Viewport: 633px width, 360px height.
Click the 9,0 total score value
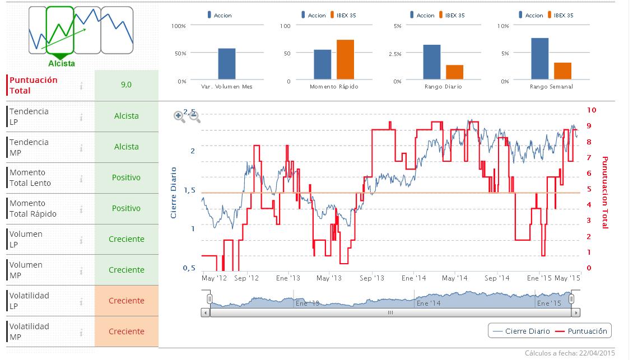tap(126, 85)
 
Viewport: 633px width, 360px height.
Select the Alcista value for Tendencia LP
tap(126, 116)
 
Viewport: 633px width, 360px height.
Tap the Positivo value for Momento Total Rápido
tap(126, 208)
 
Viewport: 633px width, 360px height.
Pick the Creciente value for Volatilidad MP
tap(126, 331)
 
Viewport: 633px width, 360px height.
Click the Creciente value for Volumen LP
tap(126, 239)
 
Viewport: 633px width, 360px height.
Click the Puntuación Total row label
tap(34, 85)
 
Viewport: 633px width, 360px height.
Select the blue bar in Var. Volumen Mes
tap(226, 63)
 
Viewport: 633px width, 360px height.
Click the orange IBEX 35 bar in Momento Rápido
tap(345, 59)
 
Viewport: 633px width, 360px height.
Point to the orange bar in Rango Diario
tap(454, 72)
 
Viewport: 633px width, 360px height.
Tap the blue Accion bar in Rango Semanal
tap(539, 58)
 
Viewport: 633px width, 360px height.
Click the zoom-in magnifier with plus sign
tap(179, 116)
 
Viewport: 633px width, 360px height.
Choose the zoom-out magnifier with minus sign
tap(194, 116)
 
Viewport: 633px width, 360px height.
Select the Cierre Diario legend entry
tap(521, 331)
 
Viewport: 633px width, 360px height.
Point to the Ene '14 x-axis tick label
tap(413, 278)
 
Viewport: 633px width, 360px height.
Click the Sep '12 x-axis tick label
tap(246, 278)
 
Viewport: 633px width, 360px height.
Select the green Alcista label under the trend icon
tap(62, 64)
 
